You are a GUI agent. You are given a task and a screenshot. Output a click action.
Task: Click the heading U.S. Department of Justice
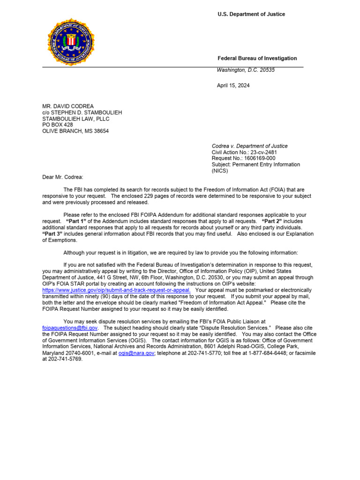251,15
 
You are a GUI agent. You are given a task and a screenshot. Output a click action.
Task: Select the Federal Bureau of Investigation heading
257,59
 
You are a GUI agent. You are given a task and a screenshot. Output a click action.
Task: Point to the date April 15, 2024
233,86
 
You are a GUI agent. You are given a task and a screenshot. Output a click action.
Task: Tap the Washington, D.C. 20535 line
246,70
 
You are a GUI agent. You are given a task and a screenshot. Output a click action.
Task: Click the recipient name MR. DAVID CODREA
68,106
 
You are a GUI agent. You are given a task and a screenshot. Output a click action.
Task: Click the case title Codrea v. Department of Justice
249,146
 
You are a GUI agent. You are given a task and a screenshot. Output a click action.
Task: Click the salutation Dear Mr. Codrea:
62,177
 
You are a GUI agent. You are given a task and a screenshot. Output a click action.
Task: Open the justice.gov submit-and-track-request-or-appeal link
116,290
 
